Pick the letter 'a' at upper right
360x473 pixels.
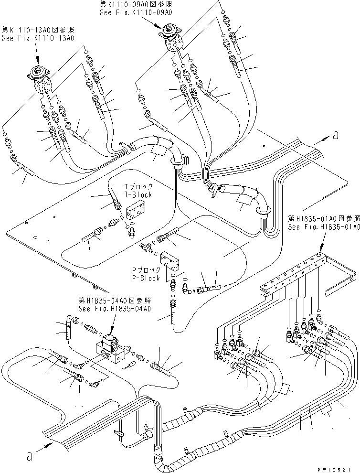335,136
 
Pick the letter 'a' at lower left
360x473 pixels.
30,457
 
